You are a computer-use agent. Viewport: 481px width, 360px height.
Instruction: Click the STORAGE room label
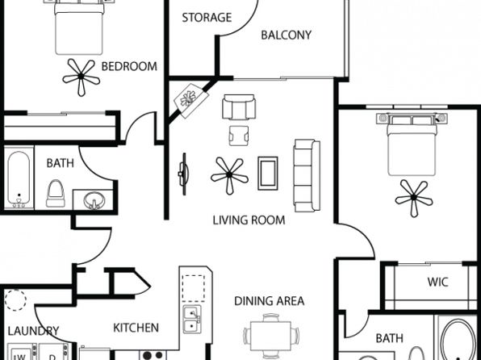click(x=207, y=18)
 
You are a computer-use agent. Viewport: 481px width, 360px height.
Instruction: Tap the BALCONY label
click(x=287, y=35)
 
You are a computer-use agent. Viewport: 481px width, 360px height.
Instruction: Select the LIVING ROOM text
click(x=249, y=220)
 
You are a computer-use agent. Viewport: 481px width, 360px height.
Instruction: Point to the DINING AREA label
click(x=269, y=301)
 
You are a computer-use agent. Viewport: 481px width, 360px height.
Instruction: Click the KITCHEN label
click(x=136, y=328)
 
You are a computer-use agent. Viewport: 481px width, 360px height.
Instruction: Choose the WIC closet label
click(x=437, y=282)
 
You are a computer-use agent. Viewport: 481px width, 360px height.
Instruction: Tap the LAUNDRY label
click(x=33, y=331)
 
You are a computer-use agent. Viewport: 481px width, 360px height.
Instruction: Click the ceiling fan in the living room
click(x=230, y=175)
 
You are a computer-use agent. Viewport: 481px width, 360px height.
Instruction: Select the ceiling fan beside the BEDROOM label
click(x=81, y=76)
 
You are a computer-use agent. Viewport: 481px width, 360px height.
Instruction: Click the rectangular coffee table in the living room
click(x=268, y=174)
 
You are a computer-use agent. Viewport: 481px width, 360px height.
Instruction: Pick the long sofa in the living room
click(x=307, y=175)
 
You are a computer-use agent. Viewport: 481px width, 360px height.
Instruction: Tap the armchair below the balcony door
click(x=239, y=107)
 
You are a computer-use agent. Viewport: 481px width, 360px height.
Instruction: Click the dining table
click(x=270, y=336)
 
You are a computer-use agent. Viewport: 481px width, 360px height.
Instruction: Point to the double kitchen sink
click(x=192, y=319)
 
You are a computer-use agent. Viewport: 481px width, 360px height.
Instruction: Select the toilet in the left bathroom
click(x=56, y=194)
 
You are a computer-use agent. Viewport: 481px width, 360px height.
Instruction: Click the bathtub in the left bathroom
click(x=19, y=179)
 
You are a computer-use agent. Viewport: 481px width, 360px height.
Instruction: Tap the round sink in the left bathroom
click(x=94, y=200)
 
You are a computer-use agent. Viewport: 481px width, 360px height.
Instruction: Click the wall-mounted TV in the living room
click(x=183, y=174)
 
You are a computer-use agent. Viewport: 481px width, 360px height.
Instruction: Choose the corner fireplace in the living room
click(x=190, y=100)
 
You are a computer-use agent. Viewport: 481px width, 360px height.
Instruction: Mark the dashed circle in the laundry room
click(x=15, y=300)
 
